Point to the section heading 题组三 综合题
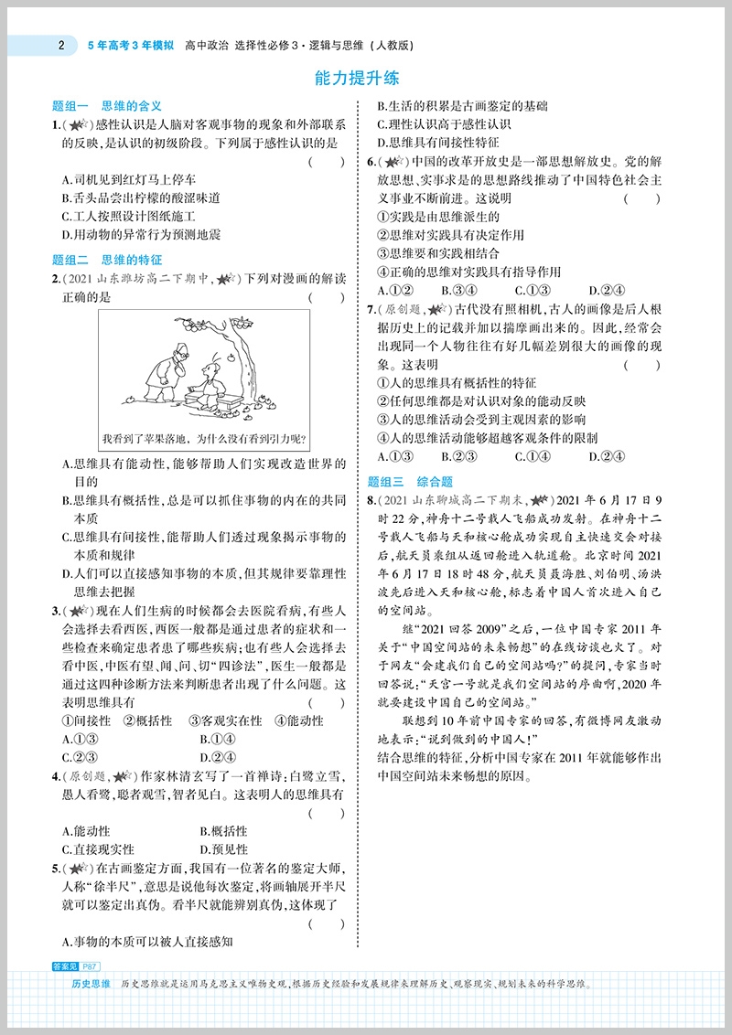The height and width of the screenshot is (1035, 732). [x=410, y=482]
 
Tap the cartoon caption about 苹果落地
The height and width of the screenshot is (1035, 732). [x=204, y=438]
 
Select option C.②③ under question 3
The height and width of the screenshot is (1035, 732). [x=81, y=756]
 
